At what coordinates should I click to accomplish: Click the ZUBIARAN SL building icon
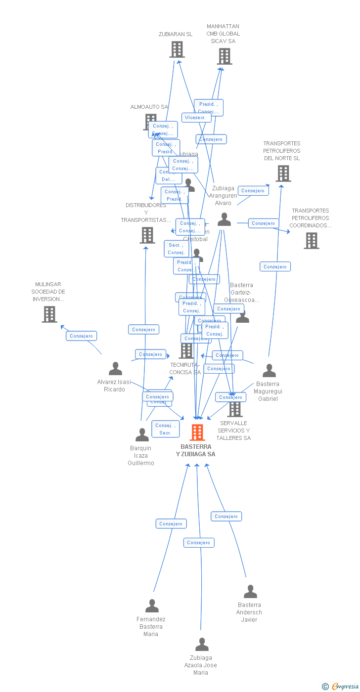click(177, 49)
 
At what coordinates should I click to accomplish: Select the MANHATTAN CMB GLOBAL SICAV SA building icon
click(225, 56)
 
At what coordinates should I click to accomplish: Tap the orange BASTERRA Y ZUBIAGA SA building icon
click(197, 432)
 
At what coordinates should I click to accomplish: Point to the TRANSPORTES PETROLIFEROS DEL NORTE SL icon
click(283, 173)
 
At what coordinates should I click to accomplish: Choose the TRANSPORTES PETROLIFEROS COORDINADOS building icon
click(311, 241)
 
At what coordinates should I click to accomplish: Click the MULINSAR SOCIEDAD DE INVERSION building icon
click(49, 314)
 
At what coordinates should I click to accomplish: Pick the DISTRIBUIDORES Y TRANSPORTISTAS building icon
click(147, 235)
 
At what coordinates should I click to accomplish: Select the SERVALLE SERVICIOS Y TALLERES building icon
click(235, 409)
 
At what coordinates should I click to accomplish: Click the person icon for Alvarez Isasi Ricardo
click(115, 369)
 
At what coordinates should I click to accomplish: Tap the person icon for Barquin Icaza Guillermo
click(142, 435)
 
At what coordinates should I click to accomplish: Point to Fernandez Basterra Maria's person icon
click(152, 606)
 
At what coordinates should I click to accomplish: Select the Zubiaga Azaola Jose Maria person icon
click(202, 645)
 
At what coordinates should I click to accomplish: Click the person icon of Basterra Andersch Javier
click(250, 592)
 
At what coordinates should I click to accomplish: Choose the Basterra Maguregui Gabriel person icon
click(269, 371)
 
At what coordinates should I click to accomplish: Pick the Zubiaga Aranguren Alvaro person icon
click(224, 219)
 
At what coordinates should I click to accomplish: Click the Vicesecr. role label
click(196, 118)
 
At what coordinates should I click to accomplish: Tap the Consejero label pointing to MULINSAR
click(81, 336)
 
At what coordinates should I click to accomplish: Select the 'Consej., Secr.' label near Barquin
click(165, 429)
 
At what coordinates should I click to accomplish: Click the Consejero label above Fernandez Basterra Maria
click(171, 523)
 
